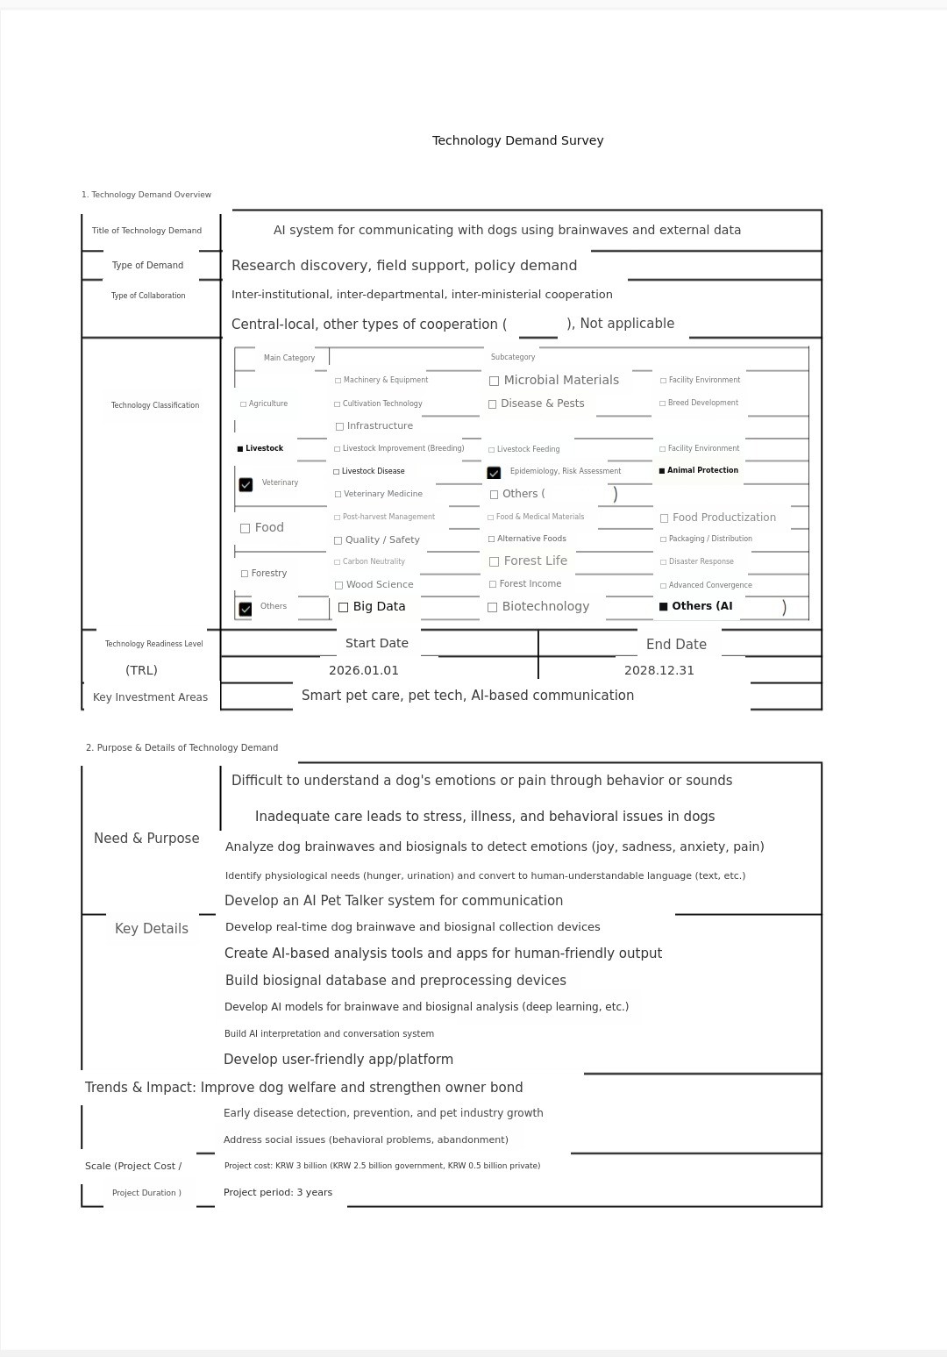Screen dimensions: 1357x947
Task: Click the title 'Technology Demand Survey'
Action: pos(517,140)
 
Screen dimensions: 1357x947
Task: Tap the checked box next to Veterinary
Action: pos(246,484)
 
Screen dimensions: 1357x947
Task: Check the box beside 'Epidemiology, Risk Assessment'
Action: pos(494,473)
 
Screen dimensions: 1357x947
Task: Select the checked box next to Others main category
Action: pos(246,609)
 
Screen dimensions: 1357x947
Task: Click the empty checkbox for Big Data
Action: pos(344,607)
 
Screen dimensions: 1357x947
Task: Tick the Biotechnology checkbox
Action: pos(493,607)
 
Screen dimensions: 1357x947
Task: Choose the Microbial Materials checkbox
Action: pos(495,381)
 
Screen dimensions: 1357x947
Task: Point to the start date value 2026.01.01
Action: pos(364,670)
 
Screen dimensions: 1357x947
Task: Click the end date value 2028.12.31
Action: pos(659,670)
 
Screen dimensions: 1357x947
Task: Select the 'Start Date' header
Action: pos(377,643)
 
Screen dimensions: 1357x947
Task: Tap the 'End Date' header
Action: pos(676,644)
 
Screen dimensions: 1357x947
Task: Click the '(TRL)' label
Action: pos(141,670)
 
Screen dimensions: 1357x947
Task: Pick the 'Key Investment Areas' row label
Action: pos(150,697)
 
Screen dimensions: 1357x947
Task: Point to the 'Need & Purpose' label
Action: pos(146,839)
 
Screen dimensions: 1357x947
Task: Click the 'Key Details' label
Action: pos(152,929)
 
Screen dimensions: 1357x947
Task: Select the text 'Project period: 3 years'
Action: pos(278,1192)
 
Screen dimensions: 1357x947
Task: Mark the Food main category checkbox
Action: pos(246,528)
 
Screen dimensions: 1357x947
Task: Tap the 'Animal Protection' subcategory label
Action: pos(702,470)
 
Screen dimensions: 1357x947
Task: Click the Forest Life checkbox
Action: pos(495,561)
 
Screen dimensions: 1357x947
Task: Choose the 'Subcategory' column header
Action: pos(513,357)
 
